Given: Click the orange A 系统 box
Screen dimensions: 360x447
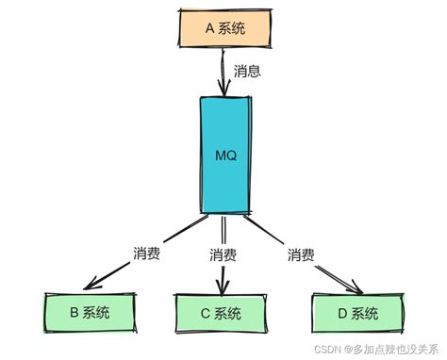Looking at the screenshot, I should click(223, 28).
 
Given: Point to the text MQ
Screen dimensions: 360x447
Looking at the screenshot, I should click(226, 154).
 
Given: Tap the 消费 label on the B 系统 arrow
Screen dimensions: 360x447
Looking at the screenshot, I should click(147, 254).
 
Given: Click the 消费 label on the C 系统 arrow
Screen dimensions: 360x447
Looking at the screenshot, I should click(223, 254).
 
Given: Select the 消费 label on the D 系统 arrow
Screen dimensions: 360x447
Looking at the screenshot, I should click(301, 254).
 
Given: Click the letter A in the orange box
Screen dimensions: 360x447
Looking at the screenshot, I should click(210, 28).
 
